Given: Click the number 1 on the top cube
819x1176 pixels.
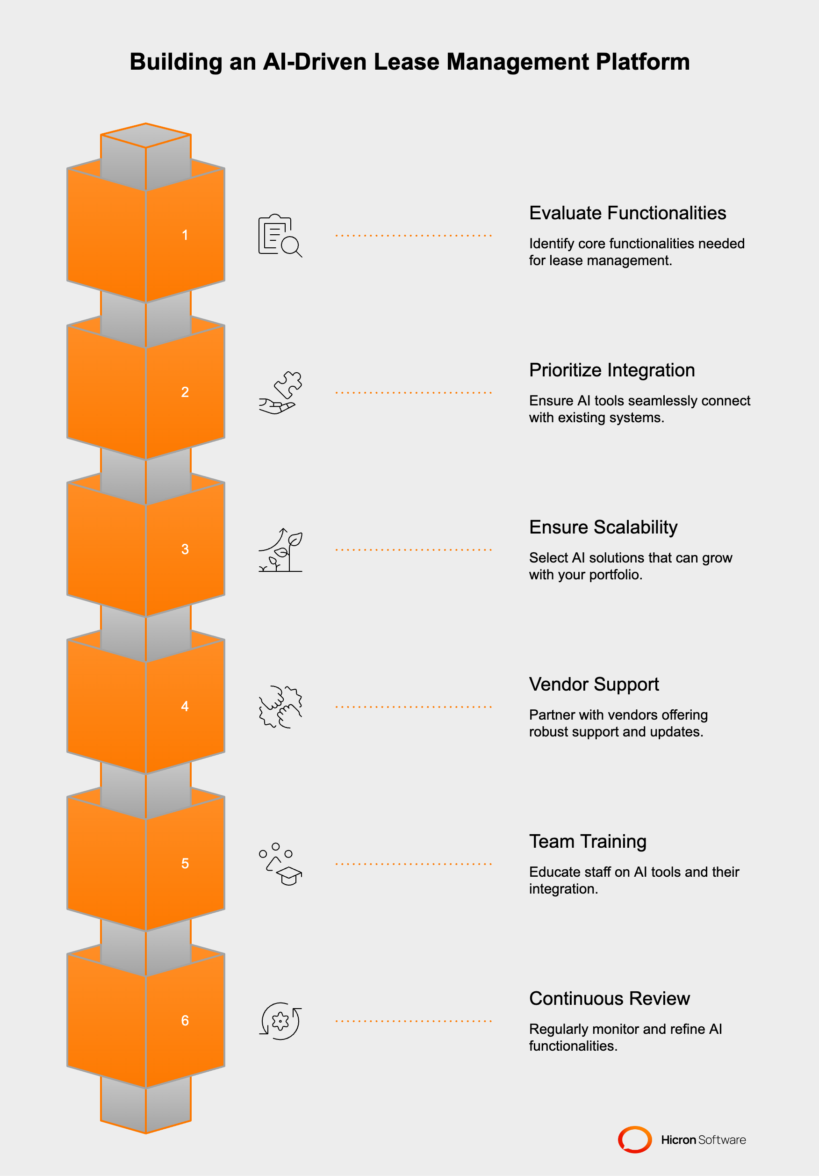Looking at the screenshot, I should pos(185,235).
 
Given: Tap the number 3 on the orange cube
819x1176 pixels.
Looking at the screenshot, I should pos(185,549).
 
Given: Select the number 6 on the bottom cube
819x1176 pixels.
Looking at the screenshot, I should pos(185,1020).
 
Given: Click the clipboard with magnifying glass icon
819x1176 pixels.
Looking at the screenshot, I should pos(280,236).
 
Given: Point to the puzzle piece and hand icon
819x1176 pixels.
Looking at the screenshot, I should pos(280,392).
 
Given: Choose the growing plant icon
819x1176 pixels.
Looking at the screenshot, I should pos(280,549).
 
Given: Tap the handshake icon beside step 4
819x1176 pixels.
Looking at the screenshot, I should pos(280,707).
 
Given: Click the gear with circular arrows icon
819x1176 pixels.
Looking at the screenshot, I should pos(280,1021).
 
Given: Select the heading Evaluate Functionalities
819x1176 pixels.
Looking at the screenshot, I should pos(627,213).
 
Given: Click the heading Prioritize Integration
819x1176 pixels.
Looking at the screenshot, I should pos(611,370).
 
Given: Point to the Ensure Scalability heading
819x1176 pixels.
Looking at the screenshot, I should pos(603,527).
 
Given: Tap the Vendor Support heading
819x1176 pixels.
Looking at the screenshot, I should pos(594,684).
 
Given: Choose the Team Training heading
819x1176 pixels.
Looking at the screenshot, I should pos(588,842).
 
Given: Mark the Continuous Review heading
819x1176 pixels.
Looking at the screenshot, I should pos(609,998).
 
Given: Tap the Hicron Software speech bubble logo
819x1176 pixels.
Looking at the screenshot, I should pos(635,1140).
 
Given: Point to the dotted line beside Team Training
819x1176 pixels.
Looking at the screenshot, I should pos(413,864).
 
